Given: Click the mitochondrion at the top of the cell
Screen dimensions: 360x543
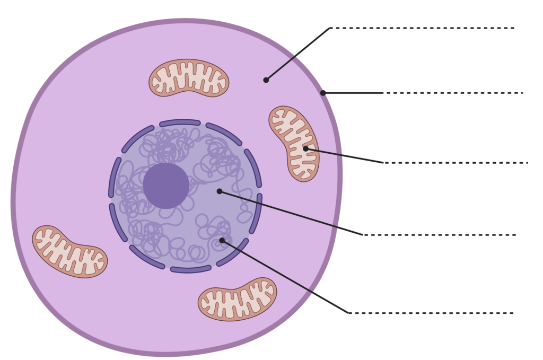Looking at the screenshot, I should (188, 78).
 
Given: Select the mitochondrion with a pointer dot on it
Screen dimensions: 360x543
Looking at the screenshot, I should (294, 143).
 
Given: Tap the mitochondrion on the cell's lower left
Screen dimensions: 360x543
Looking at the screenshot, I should (69, 251).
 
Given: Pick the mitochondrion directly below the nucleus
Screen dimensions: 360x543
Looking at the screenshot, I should (237, 299).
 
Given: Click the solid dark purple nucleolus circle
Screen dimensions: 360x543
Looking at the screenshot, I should (166, 186).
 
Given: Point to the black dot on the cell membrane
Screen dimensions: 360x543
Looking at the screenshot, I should (323, 93).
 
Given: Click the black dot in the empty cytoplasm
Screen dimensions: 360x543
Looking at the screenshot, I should (266, 80).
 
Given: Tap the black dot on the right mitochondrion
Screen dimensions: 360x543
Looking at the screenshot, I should (305, 148).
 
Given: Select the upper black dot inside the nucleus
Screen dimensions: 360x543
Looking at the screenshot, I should (220, 191).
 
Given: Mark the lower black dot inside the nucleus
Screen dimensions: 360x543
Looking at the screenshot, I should (222, 240).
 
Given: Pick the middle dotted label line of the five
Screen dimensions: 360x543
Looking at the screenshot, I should (456, 163).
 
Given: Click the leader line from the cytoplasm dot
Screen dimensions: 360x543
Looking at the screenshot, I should (297, 54).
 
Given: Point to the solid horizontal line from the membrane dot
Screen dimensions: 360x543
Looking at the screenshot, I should (353, 93).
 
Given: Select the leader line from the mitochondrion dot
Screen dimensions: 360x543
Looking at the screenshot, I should (345, 156).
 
